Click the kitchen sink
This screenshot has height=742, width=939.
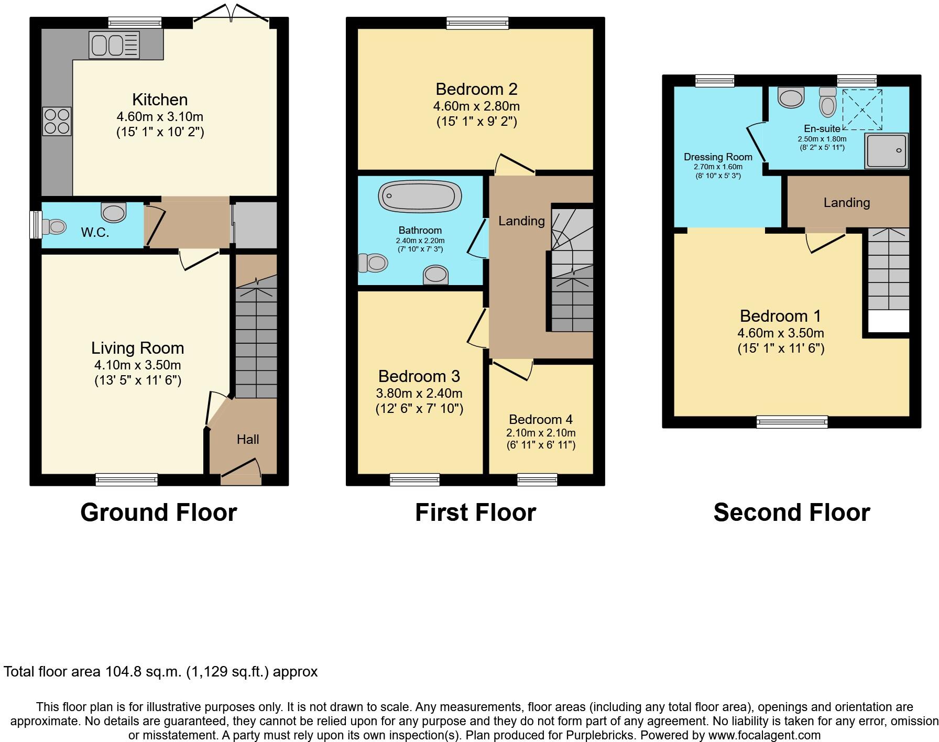tap(114, 45)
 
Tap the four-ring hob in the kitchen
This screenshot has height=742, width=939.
tap(57, 121)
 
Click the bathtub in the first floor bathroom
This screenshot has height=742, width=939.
tap(420, 196)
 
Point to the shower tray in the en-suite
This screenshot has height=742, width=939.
tap(886, 151)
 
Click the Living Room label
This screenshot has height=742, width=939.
tap(137, 348)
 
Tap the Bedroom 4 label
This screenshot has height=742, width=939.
tap(540, 419)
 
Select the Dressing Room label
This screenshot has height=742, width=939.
tap(718, 157)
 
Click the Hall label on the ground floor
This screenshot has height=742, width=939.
tap(247, 439)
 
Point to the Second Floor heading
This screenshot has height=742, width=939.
tap(791, 512)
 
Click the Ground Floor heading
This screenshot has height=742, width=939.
tap(158, 512)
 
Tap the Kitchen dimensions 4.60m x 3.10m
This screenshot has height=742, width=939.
tap(160, 116)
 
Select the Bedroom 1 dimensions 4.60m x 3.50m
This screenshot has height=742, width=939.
tap(780, 333)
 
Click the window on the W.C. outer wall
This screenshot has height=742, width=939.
tap(36, 225)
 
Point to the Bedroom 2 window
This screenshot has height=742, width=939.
tap(477, 23)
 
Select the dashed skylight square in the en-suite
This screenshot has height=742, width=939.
tap(861, 110)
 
